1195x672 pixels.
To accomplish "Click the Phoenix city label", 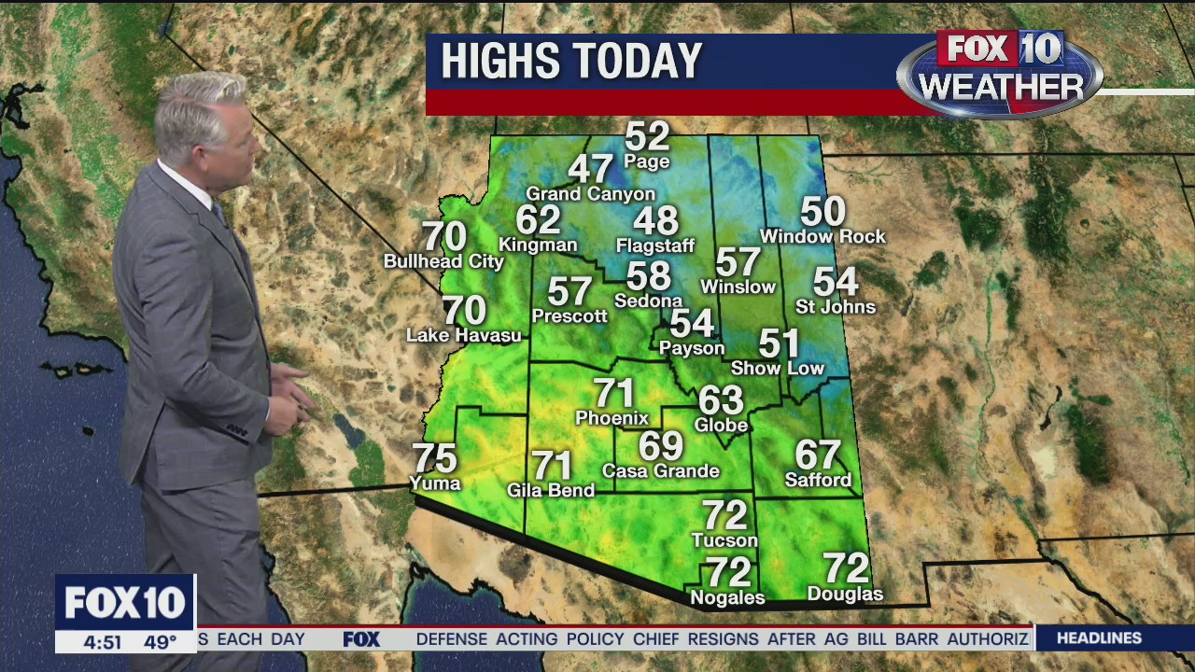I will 612,418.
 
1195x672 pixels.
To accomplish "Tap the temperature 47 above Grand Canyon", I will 590,169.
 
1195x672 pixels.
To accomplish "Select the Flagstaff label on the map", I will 655,246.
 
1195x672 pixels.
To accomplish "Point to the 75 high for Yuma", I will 434,458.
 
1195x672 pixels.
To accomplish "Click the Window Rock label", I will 822,237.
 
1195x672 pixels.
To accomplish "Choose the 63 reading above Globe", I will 721,400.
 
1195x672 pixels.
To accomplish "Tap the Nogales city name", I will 727,598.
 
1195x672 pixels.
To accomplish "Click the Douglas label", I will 845,595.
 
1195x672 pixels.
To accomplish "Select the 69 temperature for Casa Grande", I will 661,446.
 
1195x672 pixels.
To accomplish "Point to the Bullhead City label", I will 443,262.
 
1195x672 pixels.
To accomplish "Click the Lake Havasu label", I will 464,335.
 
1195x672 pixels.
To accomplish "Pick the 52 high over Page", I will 647,136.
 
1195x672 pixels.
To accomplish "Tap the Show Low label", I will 778,369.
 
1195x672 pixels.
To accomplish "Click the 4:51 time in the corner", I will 102,642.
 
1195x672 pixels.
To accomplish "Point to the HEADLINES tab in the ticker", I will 1099,638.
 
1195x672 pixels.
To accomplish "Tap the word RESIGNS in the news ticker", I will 724,639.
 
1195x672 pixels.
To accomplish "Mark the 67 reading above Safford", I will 818,455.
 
